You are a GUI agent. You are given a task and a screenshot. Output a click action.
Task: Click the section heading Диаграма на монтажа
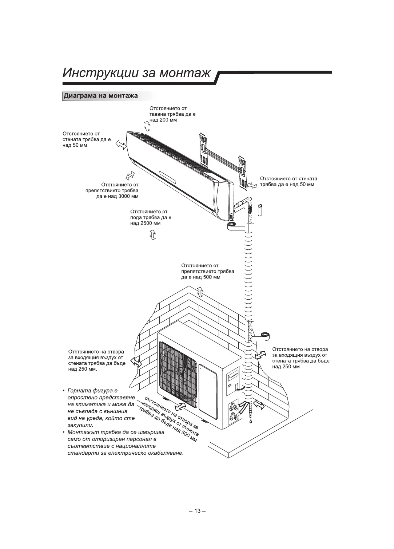[x=100, y=96]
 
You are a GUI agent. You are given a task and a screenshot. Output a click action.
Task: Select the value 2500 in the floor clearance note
[x=146, y=223]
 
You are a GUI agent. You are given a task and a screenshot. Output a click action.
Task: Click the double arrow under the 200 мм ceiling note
[x=147, y=126]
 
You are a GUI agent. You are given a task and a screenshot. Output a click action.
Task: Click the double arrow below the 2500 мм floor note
[x=153, y=236]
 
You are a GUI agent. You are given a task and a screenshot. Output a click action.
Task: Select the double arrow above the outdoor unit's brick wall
[x=200, y=291]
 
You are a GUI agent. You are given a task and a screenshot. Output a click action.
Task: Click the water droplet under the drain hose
[x=251, y=422]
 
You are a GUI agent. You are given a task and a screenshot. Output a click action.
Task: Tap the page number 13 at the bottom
[x=197, y=511]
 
